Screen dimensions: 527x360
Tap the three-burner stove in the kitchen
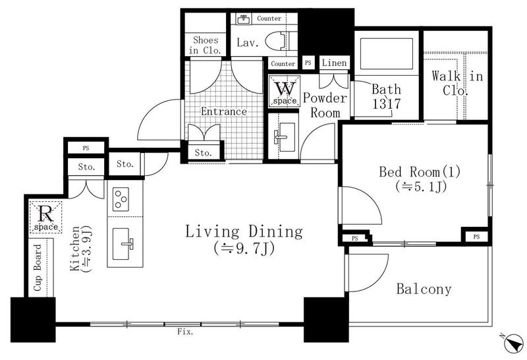click(121, 199)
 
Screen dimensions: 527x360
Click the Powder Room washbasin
click(285, 137)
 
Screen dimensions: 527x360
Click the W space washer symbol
click(285, 92)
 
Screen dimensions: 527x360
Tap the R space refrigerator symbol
click(45, 217)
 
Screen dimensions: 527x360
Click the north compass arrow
click(514, 343)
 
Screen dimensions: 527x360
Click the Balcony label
click(424, 289)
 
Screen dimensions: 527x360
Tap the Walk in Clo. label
click(457, 83)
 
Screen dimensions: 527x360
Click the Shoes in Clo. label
click(206, 45)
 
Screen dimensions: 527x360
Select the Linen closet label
click(334, 63)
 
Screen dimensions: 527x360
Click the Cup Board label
click(38, 268)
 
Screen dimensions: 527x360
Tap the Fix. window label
click(186, 332)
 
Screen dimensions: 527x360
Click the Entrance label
click(224, 111)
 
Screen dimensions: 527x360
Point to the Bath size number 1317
click(387, 104)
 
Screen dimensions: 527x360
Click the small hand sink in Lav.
click(243, 19)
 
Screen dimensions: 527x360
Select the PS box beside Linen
click(308, 63)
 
